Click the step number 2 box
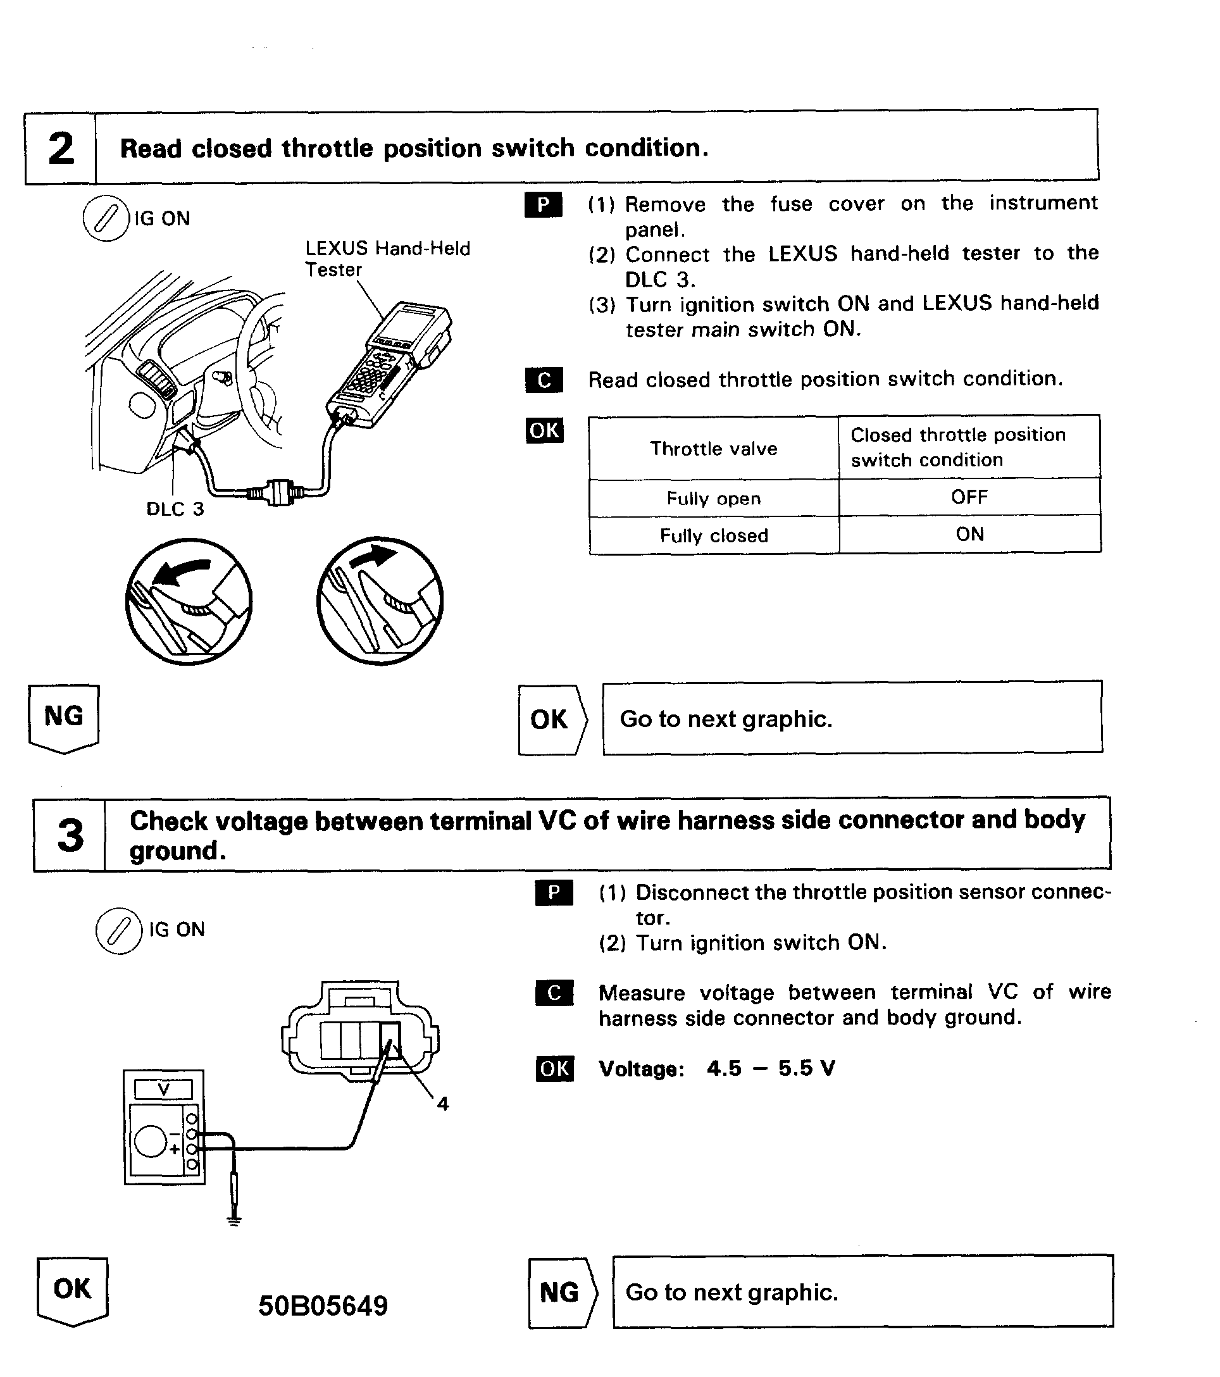pos(61,149)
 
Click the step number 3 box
pos(70,835)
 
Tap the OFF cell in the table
pos(969,497)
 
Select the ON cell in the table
pos(969,534)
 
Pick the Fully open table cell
pos(713,499)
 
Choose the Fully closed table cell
pos(713,535)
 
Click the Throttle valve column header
pos(713,449)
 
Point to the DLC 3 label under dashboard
pos(175,509)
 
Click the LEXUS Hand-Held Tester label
pos(387,259)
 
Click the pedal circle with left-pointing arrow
pos(189,601)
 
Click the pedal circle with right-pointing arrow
pos(380,601)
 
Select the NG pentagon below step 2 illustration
pos(64,718)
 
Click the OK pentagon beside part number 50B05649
pos(72,1290)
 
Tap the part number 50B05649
pos(323,1305)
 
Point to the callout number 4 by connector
pos(442,1104)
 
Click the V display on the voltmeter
pos(164,1088)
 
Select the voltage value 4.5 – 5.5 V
pos(771,1068)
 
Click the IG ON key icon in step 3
pos(118,930)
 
